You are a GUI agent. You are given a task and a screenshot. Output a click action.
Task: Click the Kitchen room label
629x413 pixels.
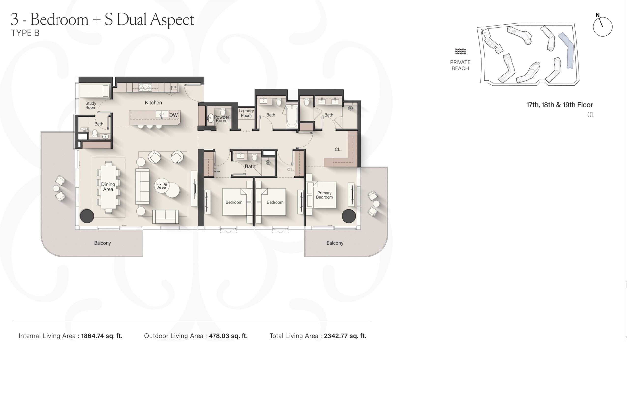(153, 103)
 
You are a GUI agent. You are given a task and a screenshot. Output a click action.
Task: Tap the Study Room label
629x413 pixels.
(91, 106)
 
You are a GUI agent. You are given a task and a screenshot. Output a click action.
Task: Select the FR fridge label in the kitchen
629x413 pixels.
(173, 88)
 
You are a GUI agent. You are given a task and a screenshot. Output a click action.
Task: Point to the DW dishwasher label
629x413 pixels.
(173, 115)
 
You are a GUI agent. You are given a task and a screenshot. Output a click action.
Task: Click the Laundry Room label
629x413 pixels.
(246, 113)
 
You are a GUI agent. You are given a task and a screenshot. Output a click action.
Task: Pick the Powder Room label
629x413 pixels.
(222, 119)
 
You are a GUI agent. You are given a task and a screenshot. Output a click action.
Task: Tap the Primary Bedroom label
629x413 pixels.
(324, 195)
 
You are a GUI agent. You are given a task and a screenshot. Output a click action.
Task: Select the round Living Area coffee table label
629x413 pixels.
(161, 185)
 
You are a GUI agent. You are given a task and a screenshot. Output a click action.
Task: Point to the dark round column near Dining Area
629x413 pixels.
(87, 216)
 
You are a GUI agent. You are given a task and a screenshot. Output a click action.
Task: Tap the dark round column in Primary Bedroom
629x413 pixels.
(349, 216)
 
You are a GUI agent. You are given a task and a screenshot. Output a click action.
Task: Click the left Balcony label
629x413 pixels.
(102, 243)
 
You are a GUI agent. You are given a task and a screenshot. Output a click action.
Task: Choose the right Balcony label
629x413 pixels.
(335, 243)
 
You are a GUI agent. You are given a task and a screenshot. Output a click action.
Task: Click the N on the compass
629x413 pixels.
(598, 15)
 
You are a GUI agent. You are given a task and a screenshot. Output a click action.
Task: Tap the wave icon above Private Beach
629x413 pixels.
(460, 52)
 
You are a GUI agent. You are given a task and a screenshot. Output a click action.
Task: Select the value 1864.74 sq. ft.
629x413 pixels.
(102, 336)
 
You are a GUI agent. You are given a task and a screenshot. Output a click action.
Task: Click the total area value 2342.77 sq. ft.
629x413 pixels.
(345, 336)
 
